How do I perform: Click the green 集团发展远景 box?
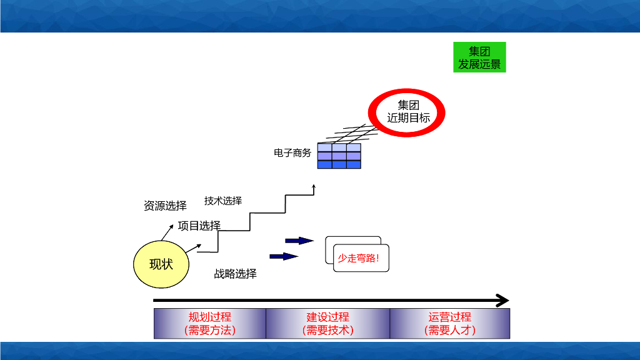click(479, 57)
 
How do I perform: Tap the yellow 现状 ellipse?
click(161, 264)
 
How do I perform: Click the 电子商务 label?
click(292, 152)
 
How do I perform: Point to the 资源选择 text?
click(165, 206)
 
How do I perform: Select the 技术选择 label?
click(223, 201)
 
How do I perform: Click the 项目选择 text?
click(199, 226)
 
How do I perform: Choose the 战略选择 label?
click(235, 274)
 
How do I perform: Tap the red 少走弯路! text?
click(359, 258)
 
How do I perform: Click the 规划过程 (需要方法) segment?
click(210, 324)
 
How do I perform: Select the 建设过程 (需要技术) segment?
click(327, 324)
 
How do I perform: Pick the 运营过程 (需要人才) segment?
click(450, 324)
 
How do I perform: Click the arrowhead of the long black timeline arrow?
click(502, 301)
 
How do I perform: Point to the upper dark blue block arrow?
click(299, 240)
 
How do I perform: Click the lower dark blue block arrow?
click(283, 256)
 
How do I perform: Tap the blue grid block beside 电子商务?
click(339, 156)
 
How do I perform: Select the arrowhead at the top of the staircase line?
click(314, 186)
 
